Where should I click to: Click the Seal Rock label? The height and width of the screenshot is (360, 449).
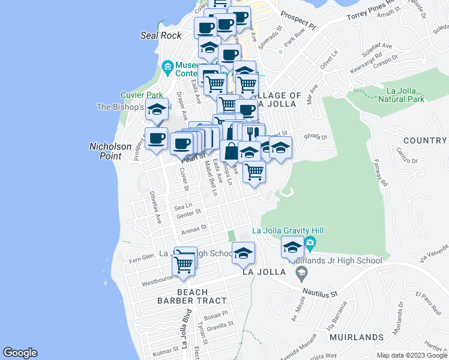(x=161, y=35)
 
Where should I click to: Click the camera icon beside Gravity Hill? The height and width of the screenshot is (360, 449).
(x=310, y=244)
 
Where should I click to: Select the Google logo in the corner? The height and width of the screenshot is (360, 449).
(x=20, y=353)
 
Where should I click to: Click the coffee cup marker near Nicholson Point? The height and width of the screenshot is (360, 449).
(x=156, y=139)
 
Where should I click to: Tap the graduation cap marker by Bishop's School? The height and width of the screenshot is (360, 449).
(x=157, y=110)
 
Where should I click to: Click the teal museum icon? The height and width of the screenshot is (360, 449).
(x=167, y=65)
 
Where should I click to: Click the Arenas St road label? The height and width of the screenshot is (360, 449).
(x=193, y=229)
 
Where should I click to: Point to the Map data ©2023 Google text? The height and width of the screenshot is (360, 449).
(x=412, y=355)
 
